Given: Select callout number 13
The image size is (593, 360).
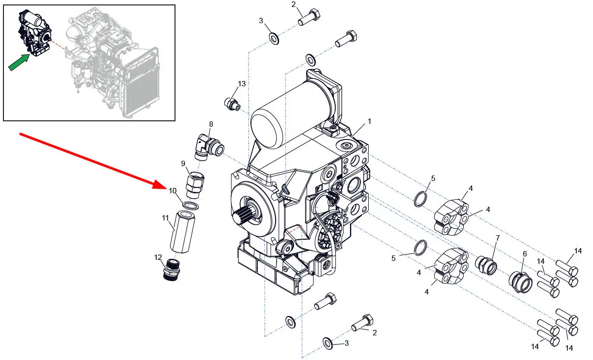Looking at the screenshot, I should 242,84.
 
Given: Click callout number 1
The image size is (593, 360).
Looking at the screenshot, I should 369,121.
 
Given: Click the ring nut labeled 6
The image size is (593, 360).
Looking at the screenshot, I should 520,281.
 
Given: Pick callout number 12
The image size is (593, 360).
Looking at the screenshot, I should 158,257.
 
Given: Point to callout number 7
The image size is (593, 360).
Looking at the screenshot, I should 497,238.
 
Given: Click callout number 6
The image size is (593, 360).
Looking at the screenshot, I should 524,253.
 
